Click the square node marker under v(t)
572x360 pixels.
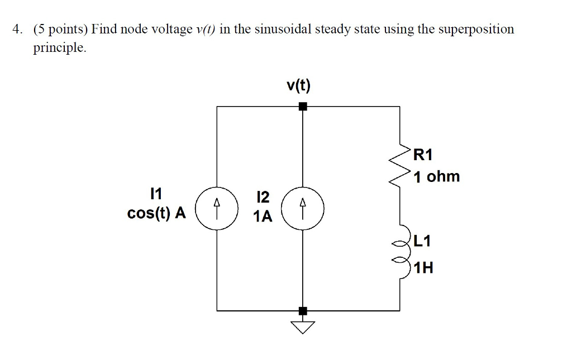(303, 106)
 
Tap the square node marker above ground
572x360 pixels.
(303, 310)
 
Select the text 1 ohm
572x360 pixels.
(437, 177)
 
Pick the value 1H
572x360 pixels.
(424, 268)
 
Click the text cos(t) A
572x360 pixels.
(156, 214)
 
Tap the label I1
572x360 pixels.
(156, 194)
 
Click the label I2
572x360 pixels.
(262, 197)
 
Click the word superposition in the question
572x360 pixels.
(475, 29)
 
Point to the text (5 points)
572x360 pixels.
(61, 29)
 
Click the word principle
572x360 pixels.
(60, 48)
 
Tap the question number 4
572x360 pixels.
(18, 29)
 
